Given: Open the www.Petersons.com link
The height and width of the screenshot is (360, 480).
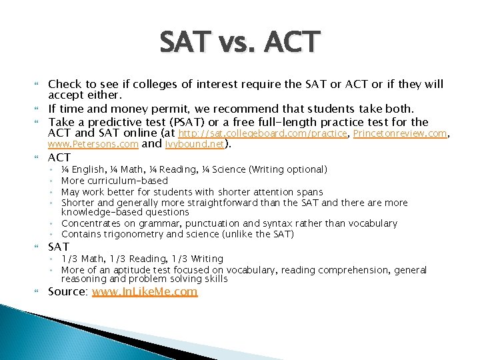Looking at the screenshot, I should click(93, 144).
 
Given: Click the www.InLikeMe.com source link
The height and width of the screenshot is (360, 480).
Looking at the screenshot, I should click(145, 292).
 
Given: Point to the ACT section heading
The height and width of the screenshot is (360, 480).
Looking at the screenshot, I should click(59, 158).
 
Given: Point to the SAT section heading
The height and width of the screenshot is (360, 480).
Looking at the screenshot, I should click(59, 247).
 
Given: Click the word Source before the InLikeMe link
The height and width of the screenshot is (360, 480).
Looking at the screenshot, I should click(68, 292).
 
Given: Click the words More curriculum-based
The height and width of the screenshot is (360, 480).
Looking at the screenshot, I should click(115, 181).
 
